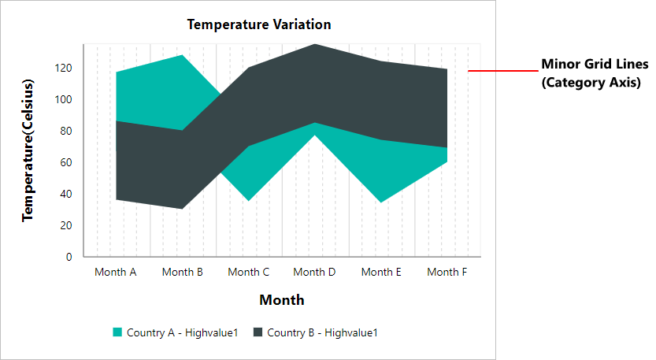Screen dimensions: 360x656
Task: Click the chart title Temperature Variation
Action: coord(259,24)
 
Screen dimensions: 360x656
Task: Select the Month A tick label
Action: coord(116,273)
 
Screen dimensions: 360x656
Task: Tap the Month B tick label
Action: coord(183,273)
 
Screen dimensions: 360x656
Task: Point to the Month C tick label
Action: coord(249,273)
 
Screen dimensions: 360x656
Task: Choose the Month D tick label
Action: coord(315,273)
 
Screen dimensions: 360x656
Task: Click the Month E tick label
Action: coord(381,273)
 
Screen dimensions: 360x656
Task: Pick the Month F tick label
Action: coord(447,273)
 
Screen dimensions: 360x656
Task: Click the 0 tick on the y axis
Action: coord(69,257)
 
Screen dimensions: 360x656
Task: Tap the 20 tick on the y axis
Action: coord(66,225)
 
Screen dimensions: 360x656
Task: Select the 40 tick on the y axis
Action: coord(66,194)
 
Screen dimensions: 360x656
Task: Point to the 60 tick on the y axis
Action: coord(66,162)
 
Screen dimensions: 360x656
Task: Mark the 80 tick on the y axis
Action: coord(66,131)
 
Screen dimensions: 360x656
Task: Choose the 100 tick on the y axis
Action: coord(63,99)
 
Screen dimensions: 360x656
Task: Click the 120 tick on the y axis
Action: coord(63,68)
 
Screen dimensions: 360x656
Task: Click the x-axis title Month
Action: coord(282,300)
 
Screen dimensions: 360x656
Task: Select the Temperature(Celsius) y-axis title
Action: coord(28,150)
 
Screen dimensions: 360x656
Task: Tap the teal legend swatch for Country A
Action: coord(117,332)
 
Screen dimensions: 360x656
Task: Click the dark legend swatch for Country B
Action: coord(258,332)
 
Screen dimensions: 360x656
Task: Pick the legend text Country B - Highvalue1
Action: coord(322,332)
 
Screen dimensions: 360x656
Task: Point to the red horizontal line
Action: coord(502,71)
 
